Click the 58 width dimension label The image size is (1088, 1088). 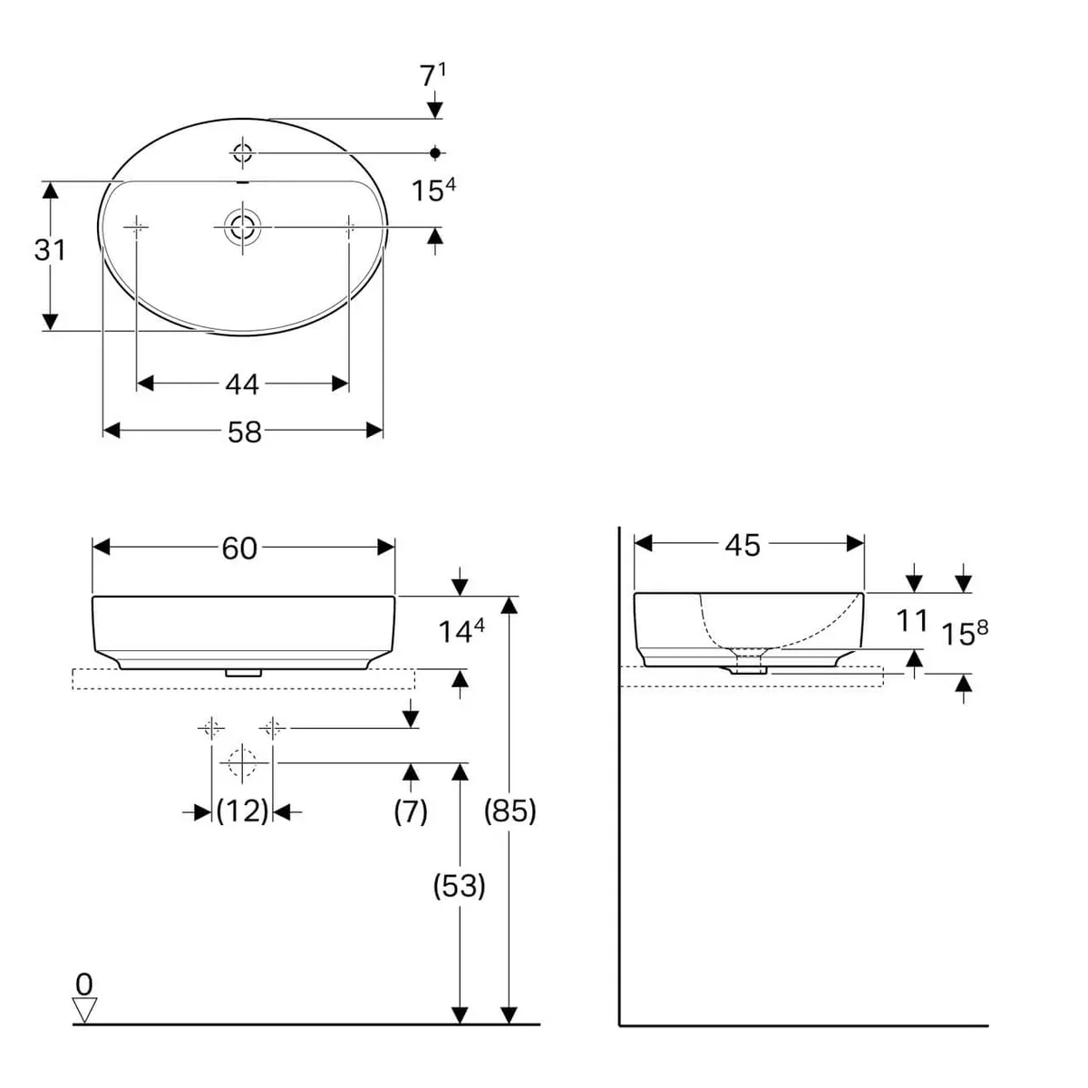tap(245, 432)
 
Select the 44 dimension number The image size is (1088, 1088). tap(242, 385)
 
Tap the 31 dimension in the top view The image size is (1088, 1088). tap(50, 250)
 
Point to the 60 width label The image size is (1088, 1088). tap(239, 549)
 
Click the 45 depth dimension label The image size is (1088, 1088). tap(743, 546)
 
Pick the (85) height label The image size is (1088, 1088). tap(510, 811)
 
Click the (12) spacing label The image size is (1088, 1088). tap(242, 811)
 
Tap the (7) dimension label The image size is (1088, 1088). tap(411, 811)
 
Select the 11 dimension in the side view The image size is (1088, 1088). tap(912, 621)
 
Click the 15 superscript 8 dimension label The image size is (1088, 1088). tap(965, 632)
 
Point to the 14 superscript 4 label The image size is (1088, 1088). tap(461, 630)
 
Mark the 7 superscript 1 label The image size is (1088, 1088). tap(432, 75)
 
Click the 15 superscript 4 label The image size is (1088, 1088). tap(433, 189)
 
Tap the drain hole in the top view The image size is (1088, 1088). tap(243, 227)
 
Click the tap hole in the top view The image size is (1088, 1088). tap(243, 152)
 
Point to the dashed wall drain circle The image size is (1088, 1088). tap(242, 763)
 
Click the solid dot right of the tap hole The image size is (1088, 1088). tap(435, 152)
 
